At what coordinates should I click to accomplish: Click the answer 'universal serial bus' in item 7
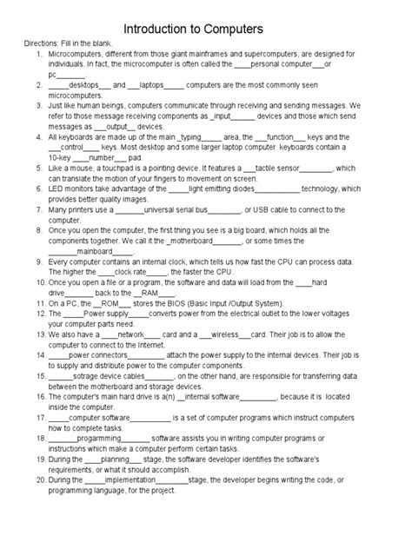pos(179,208)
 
